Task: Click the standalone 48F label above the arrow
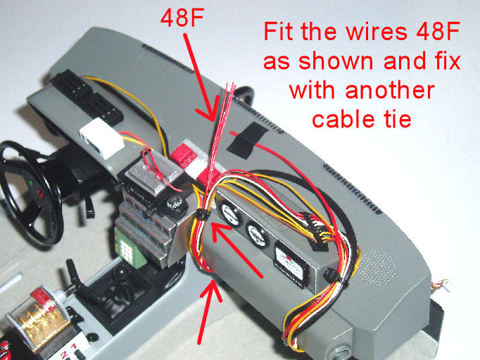[x=182, y=17]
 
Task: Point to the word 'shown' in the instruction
[x=336, y=61]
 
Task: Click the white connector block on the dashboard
[x=101, y=137]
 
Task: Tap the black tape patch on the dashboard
[x=247, y=139]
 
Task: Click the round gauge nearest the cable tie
[x=230, y=215]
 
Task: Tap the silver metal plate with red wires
[x=156, y=172]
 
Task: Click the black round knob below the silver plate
[x=176, y=204]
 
